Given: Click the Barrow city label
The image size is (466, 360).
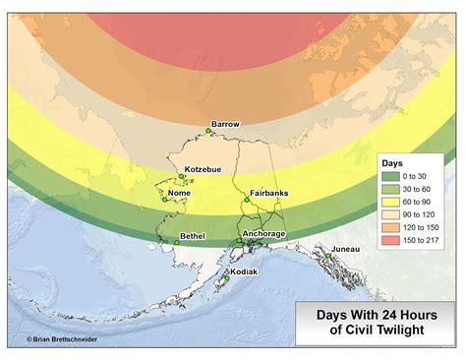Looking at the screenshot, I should tap(225, 124).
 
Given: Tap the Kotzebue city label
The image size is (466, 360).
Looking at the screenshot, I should tap(202, 169).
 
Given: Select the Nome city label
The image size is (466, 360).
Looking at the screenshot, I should tap(180, 193).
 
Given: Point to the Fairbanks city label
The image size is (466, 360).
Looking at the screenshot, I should tap(268, 193).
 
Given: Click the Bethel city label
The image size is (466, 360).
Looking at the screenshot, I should tap(192, 236).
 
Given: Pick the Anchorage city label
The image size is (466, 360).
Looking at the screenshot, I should tap(263, 233).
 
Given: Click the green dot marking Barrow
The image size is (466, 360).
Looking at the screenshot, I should tap(208, 131).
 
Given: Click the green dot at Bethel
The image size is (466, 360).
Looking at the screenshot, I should tap(176, 242).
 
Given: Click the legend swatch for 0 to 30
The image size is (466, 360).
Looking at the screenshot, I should tap(390, 176).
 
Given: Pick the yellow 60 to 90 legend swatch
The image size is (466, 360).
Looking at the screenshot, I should tap(390, 202).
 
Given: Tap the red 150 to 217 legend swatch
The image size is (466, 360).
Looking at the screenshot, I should tap(390, 240).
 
